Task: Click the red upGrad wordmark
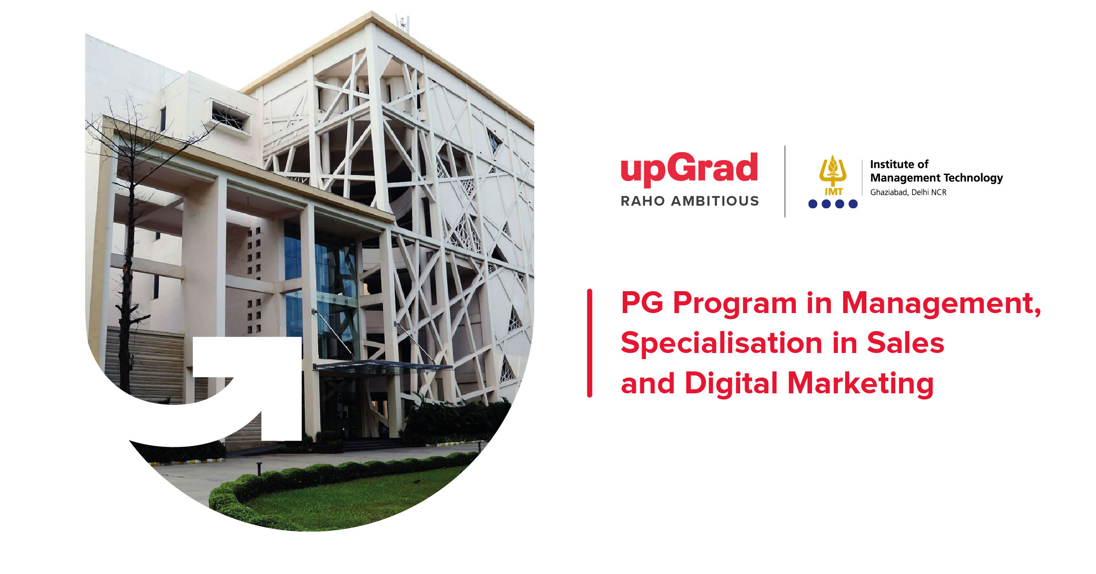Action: point(689,169)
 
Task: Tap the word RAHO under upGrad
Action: point(642,201)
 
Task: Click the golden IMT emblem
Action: point(833,175)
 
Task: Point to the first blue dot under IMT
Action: point(813,204)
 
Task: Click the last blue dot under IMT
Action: point(853,204)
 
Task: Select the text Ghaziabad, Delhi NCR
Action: point(908,192)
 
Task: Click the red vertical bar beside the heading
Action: point(589,343)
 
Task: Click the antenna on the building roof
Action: point(403,23)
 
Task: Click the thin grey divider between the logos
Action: point(784,181)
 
